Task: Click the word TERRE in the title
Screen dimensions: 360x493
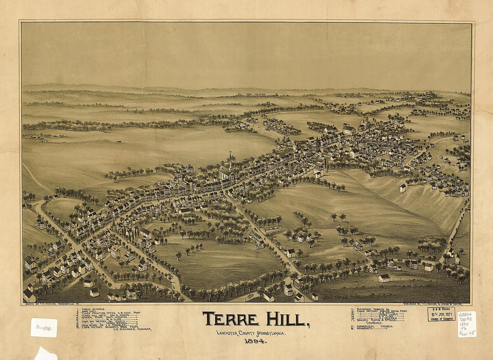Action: coord(231,319)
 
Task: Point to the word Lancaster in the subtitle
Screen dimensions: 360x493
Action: coord(229,333)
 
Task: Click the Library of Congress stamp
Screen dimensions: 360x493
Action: coord(441,314)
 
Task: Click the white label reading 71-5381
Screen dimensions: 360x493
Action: coord(43,327)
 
